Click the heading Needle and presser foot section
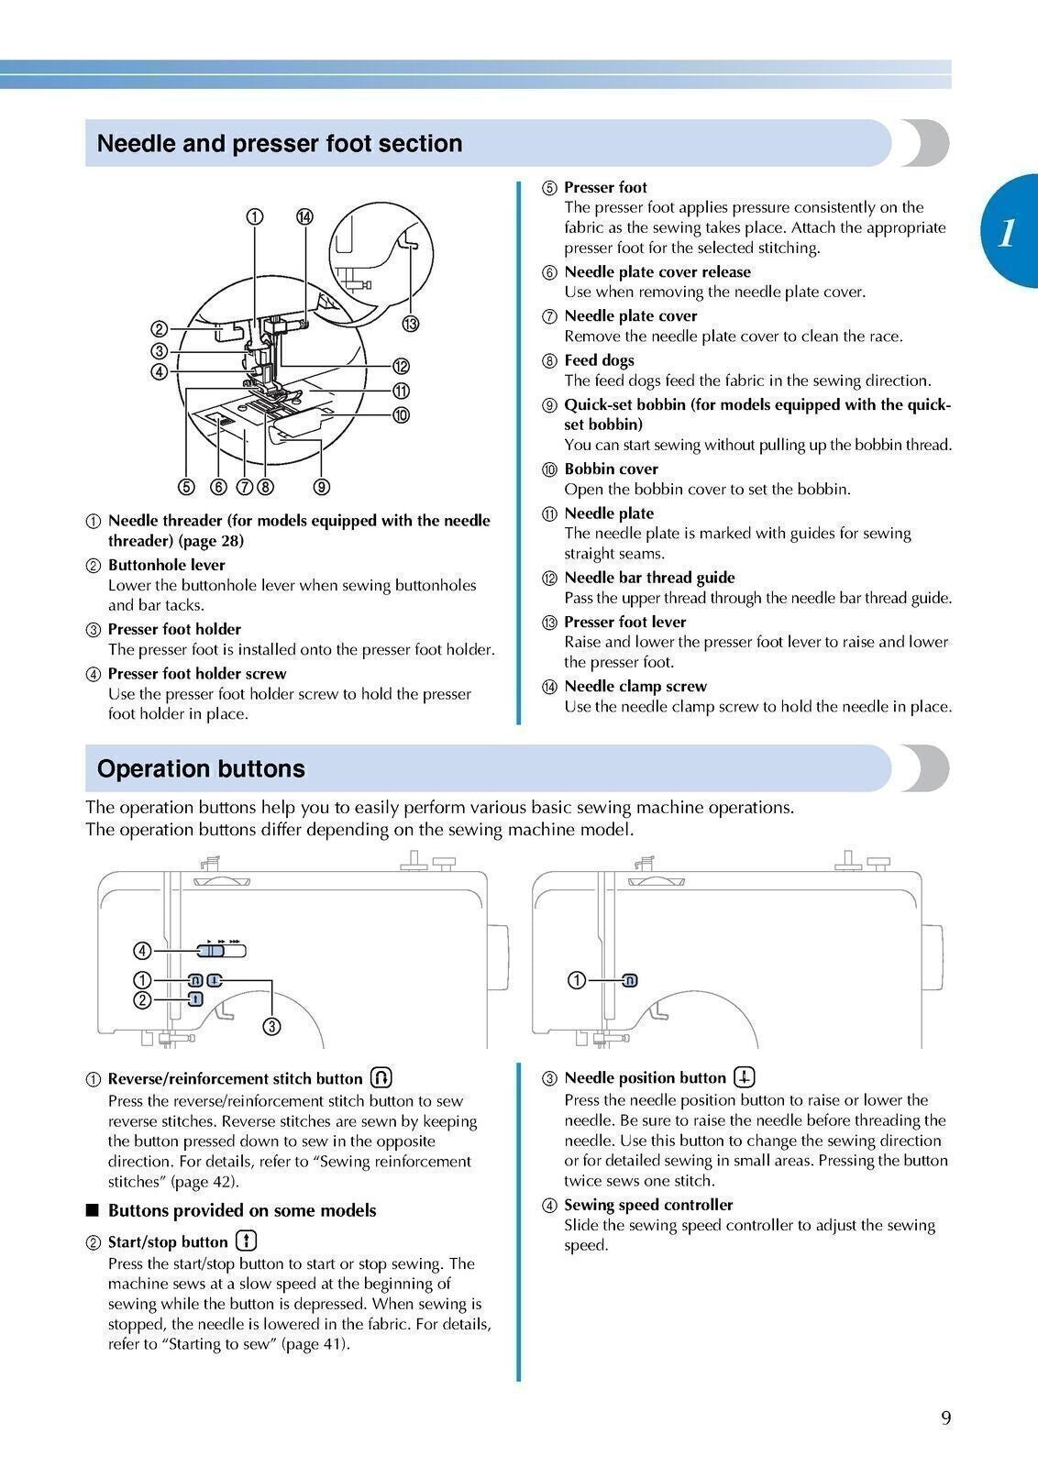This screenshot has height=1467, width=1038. (x=280, y=144)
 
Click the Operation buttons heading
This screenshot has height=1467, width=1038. (x=201, y=768)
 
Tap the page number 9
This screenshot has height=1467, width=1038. (x=945, y=1418)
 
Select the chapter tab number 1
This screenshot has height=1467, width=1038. (x=1007, y=232)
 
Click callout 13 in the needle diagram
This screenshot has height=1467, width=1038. (x=410, y=324)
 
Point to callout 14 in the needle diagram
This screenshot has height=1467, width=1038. (x=304, y=216)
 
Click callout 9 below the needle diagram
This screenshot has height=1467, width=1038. (x=322, y=487)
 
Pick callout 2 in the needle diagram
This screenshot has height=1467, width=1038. (x=159, y=329)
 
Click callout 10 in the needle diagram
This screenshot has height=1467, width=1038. (x=401, y=415)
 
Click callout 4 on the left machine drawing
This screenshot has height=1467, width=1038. (x=143, y=951)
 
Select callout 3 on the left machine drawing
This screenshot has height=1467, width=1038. (x=271, y=1026)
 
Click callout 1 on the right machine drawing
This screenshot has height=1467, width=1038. (x=577, y=981)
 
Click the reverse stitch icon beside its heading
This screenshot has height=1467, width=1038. (x=381, y=1077)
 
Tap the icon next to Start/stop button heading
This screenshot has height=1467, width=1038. (x=247, y=1241)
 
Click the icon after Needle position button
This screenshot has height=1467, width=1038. (x=745, y=1077)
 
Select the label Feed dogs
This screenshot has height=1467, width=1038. (x=599, y=360)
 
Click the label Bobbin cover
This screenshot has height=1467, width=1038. (x=611, y=469)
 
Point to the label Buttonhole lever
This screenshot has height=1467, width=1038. (x=166, y=565)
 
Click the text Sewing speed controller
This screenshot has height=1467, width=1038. (x=648, y=1205)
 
